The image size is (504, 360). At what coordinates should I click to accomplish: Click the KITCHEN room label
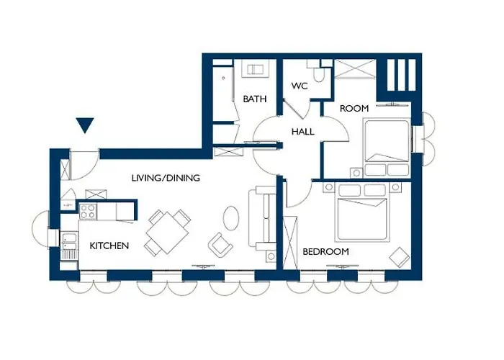(x=109, y=246)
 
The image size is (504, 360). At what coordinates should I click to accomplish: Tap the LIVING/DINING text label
(x=166, y=178)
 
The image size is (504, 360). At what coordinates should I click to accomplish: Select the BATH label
(x=255, y=99)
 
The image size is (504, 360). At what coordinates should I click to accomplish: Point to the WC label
(x=300, y=86)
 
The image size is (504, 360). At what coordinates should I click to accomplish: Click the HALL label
(x=303, y=132)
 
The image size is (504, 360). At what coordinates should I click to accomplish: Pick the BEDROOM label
(x=325, y=251)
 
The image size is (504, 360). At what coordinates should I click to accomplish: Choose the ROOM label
(x=354, y=109)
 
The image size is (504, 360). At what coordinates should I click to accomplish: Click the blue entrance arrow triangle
(x=85, y=125)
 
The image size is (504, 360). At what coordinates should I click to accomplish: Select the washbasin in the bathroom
(x=256, y=70)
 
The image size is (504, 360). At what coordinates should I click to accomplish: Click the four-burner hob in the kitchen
(x=88, y=212)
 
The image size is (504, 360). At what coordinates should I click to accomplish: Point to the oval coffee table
(x=231, y=217)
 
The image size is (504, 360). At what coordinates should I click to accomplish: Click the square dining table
(x=168, y=233)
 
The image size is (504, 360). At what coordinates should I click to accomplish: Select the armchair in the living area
(x=220, y=245)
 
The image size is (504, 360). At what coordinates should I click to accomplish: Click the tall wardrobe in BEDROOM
(x=291, y=243)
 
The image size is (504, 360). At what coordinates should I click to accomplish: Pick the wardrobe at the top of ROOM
(x=355, y=69)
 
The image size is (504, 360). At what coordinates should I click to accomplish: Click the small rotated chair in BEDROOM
(x=400, y=257)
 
